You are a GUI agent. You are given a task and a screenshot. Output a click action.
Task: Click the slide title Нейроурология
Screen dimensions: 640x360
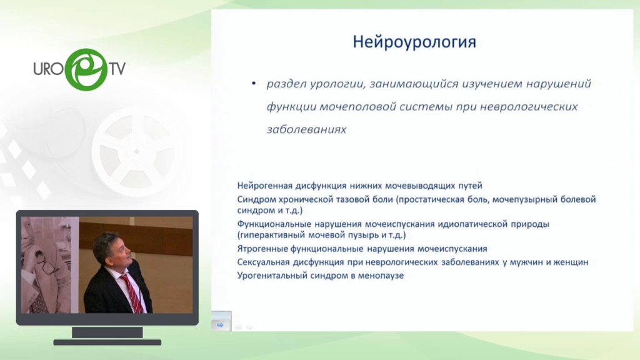[x=414, y=42]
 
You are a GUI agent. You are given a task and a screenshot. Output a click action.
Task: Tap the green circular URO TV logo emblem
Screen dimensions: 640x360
[x=86, y=69]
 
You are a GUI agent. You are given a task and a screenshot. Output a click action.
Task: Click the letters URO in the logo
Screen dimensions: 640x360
[x=49, y=69]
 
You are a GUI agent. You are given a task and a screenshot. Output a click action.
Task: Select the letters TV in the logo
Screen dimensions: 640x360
[x=117, y=69]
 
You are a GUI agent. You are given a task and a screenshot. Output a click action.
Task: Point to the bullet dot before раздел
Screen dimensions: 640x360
[x=254, y=83]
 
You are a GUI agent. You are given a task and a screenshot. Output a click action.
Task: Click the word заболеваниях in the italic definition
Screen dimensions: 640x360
[x=306, y=129]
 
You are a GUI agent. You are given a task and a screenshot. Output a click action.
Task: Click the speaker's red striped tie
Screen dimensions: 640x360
[x=133, y=292]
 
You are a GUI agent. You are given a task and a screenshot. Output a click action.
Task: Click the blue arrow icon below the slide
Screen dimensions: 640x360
[x=220, y=325]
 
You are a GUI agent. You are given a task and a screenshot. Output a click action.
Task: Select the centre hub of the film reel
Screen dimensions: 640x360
[x=137, y=152]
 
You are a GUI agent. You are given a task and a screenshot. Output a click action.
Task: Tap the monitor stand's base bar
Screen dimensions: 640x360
[x=107, y=342]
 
